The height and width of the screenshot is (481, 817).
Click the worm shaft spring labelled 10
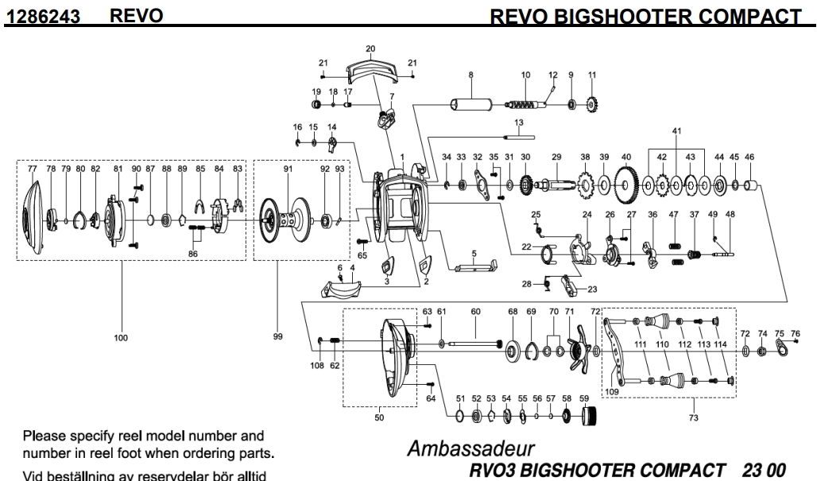point(526,104)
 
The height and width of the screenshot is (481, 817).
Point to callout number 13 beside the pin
point(519,122)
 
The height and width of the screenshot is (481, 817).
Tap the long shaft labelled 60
point(475,343)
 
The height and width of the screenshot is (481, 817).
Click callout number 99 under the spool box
point(277,337)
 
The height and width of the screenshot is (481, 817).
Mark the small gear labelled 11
point(591,104)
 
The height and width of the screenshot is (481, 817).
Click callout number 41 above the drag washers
point(677,130)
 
